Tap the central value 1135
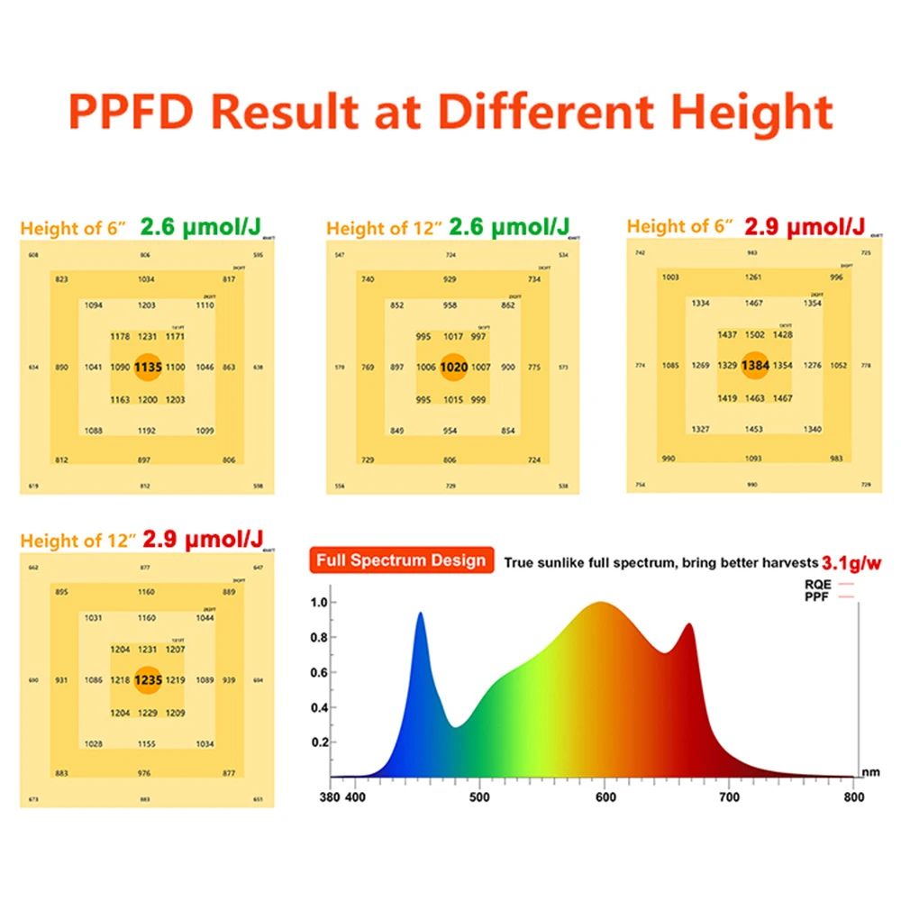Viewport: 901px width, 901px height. click(148, 367)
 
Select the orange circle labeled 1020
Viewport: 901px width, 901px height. click(454, 367)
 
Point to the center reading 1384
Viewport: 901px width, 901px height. click(755, 365)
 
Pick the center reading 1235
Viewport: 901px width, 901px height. click(148, 680)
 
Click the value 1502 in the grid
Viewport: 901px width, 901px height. click(755, 334)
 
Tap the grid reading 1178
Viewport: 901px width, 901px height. click(120, 336)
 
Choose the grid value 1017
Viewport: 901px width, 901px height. click(454, 336)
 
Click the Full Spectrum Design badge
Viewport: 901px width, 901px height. click(401, 560)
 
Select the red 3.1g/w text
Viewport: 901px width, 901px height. click(851, 562)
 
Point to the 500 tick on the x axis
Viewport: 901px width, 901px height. click(480, 796)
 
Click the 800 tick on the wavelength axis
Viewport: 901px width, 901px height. click(854, 796)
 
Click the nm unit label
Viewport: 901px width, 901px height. click(869, 772)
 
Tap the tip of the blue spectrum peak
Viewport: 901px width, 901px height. click(420, 614)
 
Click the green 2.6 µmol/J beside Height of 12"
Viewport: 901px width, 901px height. click(510, 227)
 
